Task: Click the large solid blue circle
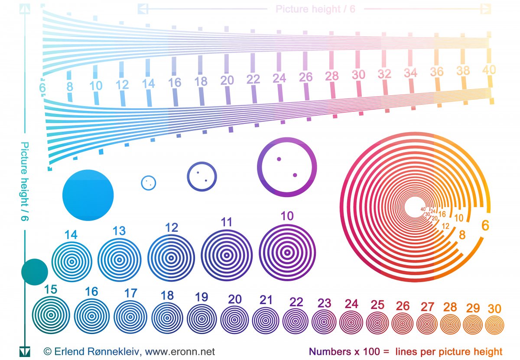click(88, 195)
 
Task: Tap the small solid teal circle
click(35, 272)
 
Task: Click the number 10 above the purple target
click(287, 216)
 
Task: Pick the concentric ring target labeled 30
click(494, 324)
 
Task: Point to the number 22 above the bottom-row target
click(296, 302)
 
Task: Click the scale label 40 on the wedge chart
click(489, 70)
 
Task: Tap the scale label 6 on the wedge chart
click(42, 88)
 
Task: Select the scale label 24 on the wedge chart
click(279, 78)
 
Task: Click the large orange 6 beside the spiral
click(485, 226)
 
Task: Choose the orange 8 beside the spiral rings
click(462, 235)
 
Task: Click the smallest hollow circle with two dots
click(149, 183)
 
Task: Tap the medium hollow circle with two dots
click(201, 176)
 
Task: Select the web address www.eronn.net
click(180, 352)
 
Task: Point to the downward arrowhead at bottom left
click(25, 351)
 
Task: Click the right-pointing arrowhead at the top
click(486, 9)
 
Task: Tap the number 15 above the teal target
click(51, 289)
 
